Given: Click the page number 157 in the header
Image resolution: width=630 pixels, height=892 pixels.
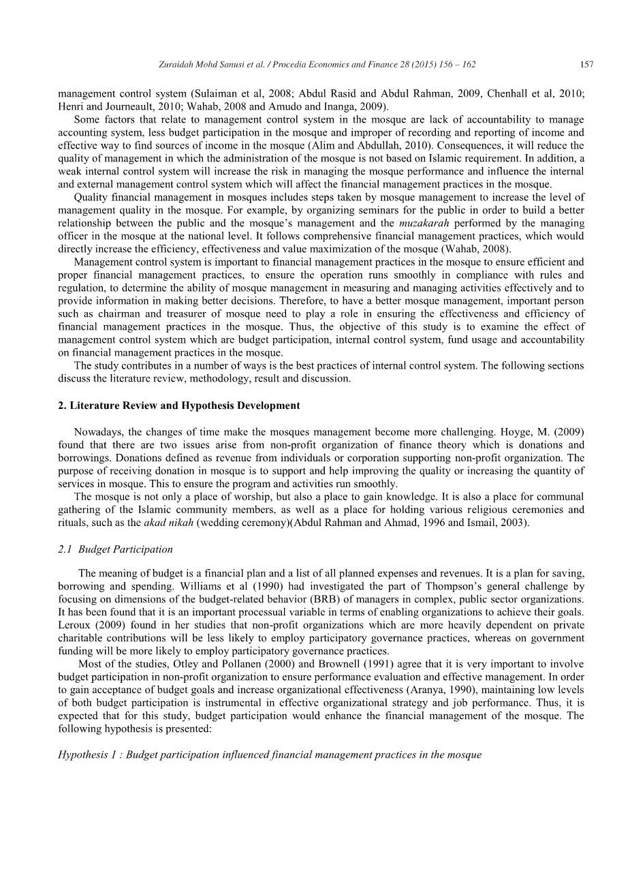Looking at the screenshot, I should (586, 65).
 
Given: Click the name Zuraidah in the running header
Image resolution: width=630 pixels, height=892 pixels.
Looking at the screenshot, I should (176, 65).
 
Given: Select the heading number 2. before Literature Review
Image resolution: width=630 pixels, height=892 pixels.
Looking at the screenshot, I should (62, 405).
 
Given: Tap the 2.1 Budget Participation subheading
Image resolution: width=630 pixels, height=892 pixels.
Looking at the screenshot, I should (116, 549).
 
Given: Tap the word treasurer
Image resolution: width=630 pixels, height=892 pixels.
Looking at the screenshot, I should (182, 313).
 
